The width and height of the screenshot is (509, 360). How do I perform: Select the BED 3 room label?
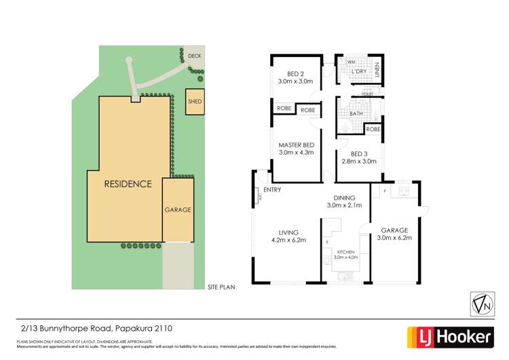coord(360,153)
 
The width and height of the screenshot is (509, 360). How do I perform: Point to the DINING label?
coord(345,198)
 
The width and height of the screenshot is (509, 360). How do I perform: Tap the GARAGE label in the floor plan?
coord(394,230)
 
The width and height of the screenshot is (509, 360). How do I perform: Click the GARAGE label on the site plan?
coord(178,210)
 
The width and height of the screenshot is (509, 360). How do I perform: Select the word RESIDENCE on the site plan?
coord(128,184)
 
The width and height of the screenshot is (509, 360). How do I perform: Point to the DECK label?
coord(194,56)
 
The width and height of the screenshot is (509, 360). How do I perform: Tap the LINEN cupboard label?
coord(378,70)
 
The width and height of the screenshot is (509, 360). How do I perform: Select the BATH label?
coord(356,114)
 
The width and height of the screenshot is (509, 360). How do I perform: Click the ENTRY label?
coord(273,190)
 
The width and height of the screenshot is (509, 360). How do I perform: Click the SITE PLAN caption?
coord(221,288)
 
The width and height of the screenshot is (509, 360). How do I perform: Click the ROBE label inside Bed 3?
coord(373,129)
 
